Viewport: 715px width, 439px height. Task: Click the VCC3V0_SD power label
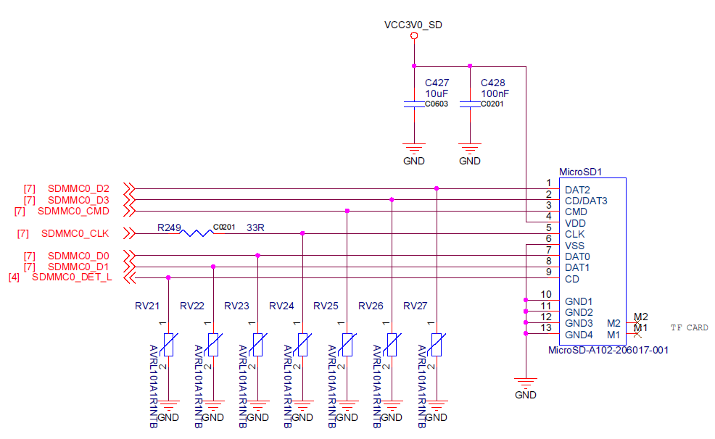coord(413,25)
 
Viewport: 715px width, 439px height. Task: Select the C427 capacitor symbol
coord(414,105)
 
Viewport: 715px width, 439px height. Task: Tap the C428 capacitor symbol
coord(470,105)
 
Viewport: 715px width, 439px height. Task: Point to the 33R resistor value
coord(255,227)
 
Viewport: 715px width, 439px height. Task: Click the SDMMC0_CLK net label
coord(75,233)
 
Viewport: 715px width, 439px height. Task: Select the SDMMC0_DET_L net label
coord(72,277)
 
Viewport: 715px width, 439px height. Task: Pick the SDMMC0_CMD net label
coord(73,212)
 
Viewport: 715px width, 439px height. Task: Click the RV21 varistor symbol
coord(168,344)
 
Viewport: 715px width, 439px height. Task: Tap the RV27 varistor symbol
coord(437,344)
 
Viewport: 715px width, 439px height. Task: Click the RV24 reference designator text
coord(281,306)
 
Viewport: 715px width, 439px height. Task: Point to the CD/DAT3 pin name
coord(586,201)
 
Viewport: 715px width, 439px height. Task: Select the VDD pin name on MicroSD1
coord(575,223)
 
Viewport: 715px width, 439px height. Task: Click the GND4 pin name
coord(579,335)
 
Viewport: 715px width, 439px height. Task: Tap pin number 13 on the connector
coord(546,328)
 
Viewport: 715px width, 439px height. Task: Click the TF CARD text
coord(689,328)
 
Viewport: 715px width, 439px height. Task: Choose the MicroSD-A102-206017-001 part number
coord(608,350)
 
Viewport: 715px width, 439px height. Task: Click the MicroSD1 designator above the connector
coord(581,172)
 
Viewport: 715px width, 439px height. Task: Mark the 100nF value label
coord(495,93)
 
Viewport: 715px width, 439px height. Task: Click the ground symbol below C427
coord(414,151)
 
